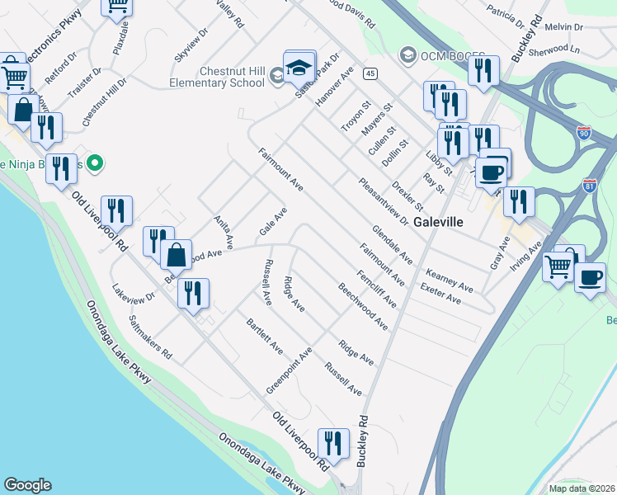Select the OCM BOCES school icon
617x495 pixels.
[407, 55]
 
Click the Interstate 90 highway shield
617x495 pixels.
[585, 132]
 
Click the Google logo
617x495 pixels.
[27, 485]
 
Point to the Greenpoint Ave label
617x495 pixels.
[289, 370]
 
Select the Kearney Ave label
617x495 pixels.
[449, 280]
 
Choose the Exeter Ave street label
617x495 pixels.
[440, 294]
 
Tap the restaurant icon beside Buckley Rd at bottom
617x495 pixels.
[332, 444]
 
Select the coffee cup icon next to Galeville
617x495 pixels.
[492, 172]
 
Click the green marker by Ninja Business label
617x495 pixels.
[95, 163]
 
